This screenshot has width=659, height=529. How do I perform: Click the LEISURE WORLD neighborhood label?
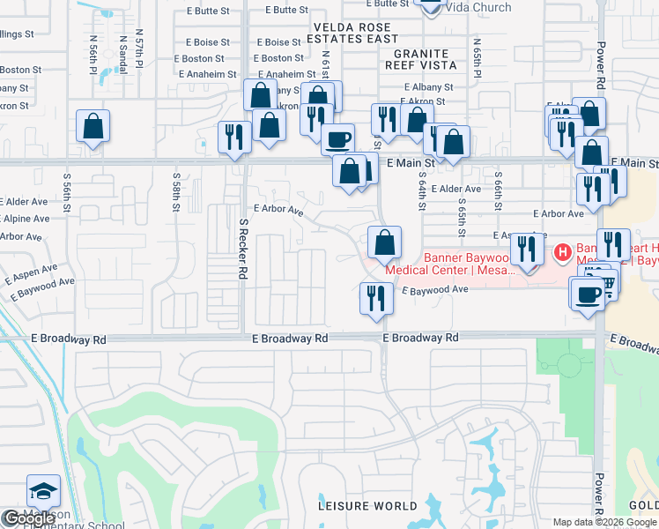point(368,506)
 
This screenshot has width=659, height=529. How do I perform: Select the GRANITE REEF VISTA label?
point(419,59)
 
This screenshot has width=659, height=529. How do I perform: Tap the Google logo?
point(29,519)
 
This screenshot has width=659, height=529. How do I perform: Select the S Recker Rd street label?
point(242,250)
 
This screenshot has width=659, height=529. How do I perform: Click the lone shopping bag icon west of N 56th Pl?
point(93,128)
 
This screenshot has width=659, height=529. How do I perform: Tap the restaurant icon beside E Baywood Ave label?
point(375,298)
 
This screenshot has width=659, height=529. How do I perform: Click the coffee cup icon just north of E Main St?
point(337,139)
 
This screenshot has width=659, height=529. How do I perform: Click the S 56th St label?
point(67,192)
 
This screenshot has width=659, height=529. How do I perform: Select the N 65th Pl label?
point(477,56)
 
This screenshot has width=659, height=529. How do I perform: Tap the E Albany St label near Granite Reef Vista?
point(428,87)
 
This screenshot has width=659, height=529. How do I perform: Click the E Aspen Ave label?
point(31,273)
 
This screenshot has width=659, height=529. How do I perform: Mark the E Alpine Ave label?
point(25,218)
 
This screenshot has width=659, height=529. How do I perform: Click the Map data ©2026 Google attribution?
point(605,522)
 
